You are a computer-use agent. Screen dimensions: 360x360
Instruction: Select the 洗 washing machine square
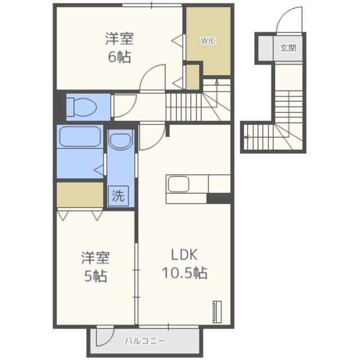point(118,196)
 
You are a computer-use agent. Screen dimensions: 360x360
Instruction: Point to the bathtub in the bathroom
point(79,138)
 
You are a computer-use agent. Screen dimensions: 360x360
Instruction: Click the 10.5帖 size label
point(184,273)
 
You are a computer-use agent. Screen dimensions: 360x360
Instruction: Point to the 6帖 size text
point(119,57)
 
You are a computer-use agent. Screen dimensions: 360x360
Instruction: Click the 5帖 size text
point(94,277)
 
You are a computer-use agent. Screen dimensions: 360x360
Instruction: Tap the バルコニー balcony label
point(145,341)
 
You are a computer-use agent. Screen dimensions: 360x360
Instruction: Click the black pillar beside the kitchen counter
point(219,198)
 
